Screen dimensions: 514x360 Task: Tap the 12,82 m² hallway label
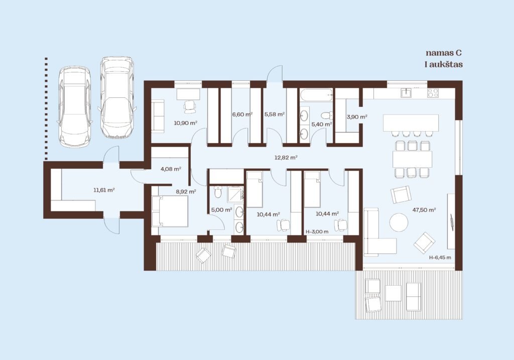point(286,157)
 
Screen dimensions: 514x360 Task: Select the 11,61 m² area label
point(104,190)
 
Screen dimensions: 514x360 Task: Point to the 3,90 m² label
point(357,116)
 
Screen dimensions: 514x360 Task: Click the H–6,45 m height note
point(440,258)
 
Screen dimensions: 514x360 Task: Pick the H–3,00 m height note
point(317,231)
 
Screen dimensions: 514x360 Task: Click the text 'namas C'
point(444,53)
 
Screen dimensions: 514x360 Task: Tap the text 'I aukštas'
point(444,64)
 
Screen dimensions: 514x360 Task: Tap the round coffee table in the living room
point(399,222)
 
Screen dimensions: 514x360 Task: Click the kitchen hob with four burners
point(433,93)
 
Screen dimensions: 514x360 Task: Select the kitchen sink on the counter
point(407,93)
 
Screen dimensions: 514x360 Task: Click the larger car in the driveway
point(117,97)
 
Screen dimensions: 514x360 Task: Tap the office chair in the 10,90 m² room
point(190,106)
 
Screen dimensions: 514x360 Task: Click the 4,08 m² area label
point(171,169)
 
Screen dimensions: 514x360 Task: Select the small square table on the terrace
point(393,293)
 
